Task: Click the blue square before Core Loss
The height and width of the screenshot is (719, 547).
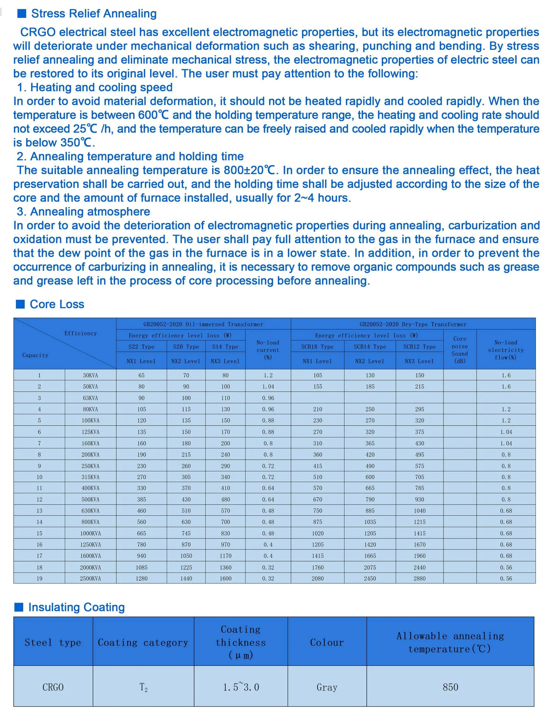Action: coord(20,304)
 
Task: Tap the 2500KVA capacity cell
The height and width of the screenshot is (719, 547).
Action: coord(90,579)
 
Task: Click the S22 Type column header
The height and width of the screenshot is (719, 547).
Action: coord(141,347)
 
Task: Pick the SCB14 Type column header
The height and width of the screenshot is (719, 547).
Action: coord(370,347)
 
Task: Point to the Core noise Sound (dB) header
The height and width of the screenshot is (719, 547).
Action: coord(460,350)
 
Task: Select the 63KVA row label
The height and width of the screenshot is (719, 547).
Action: coord(90,398)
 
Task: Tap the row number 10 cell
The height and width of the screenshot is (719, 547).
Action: coord(39,477)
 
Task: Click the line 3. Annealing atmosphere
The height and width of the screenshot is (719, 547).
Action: coord(83,212)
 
